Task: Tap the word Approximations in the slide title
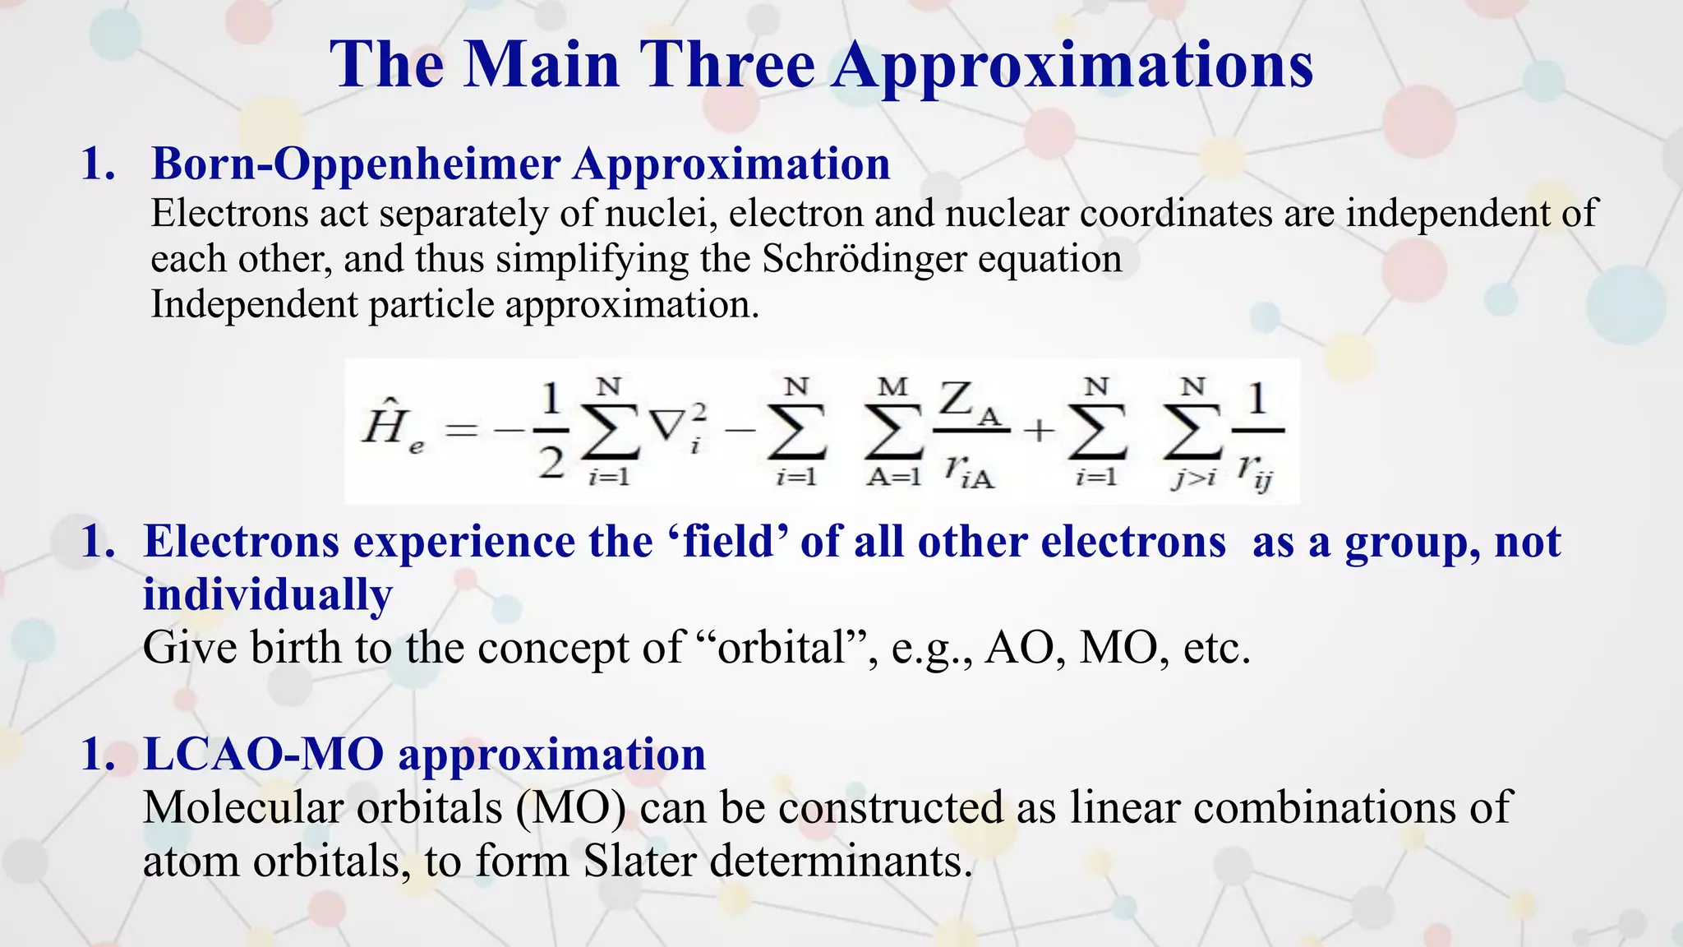[1072, 66]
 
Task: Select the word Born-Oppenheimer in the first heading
[355, 164]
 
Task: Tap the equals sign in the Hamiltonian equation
[461, 430]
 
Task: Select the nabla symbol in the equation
[666, 424]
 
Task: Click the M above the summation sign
[892, 386]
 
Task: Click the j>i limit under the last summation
[1193, 478]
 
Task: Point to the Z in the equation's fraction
[958, 400]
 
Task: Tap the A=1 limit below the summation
[893, 478]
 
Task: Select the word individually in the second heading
[268, 595]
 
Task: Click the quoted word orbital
[782, 649]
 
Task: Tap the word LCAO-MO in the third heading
[264, 755]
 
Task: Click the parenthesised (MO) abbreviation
[571, 807]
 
